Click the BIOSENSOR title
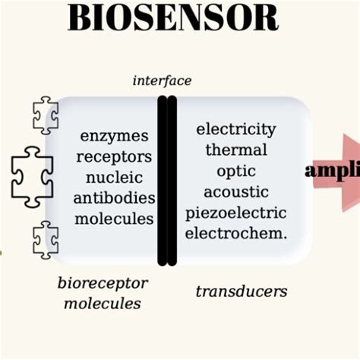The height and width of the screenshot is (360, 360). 172,18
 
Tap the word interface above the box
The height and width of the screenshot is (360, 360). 162,81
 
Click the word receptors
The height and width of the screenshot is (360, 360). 114,156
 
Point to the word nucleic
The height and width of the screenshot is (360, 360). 114,178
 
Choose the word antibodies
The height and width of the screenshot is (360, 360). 114,198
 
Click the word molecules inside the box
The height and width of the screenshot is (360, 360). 114,219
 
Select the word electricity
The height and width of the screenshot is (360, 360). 235,129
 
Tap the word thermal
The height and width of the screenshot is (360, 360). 235,150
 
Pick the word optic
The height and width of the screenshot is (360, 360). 235,171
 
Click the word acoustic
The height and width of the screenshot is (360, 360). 235,191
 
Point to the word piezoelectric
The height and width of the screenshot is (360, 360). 235,213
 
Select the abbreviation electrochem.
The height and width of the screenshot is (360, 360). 235,233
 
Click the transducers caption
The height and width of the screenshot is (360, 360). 241,291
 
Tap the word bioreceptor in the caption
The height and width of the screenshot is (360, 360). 103,283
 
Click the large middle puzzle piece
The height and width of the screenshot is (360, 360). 32,176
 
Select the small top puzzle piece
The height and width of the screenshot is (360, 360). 46,115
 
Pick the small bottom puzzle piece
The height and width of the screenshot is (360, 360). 46,239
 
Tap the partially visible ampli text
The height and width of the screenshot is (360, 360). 332,171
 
